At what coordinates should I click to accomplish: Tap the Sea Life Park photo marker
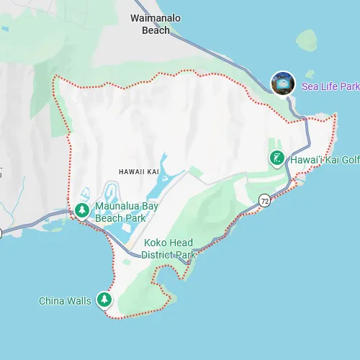283,84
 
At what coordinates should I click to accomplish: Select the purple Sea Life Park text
330,86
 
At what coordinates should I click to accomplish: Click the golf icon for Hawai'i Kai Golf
276,158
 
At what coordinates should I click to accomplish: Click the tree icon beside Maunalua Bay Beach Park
83,210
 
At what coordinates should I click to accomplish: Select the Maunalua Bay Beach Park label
127,211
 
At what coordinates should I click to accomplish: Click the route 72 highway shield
265,201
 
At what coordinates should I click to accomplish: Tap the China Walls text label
65,301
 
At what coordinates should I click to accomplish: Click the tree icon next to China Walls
105,300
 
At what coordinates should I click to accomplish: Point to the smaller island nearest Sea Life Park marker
310,73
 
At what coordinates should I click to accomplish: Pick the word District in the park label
158,255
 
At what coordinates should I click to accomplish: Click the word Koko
156,243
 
